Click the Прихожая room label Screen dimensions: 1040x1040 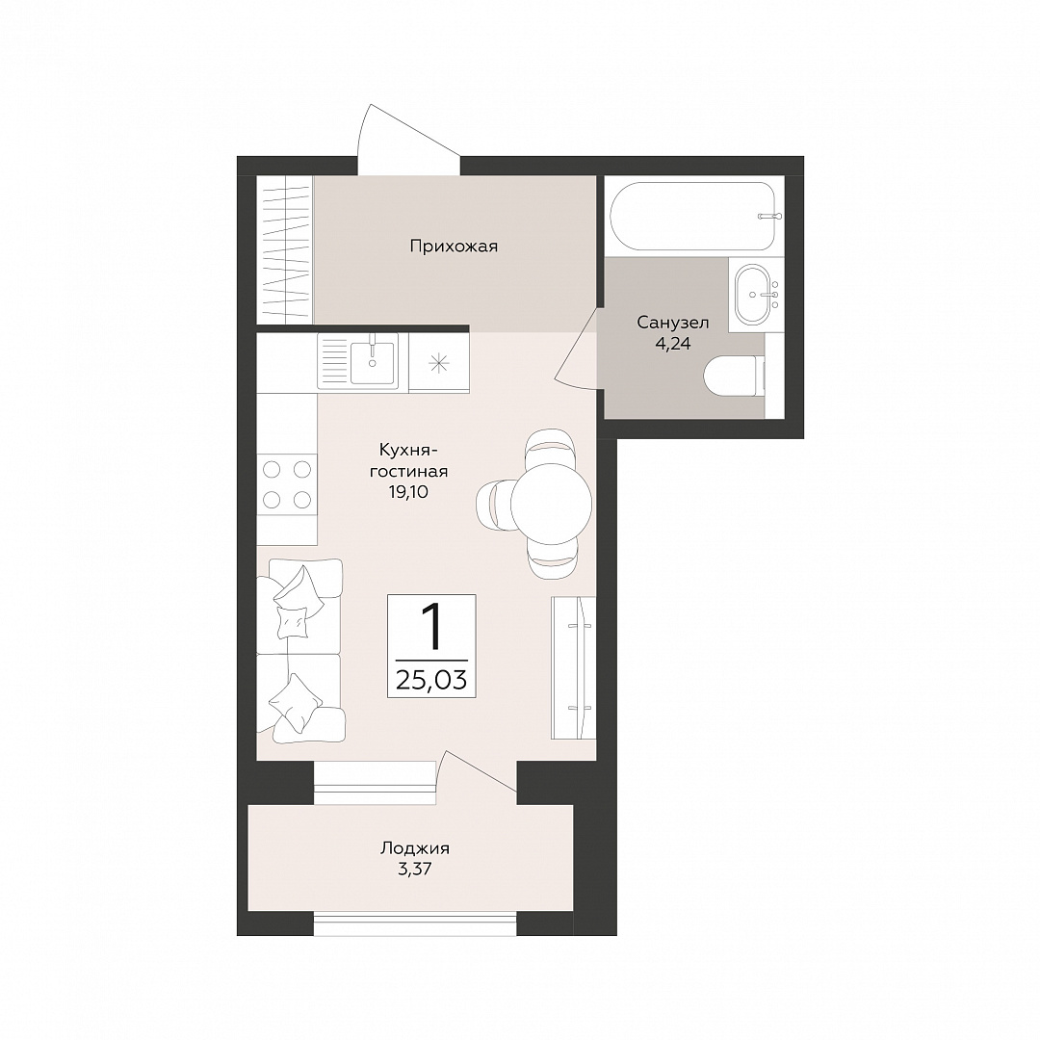pyautogui.click(x=454, y=247)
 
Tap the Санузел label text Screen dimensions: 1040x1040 pyautogui.click(x=672, y=323)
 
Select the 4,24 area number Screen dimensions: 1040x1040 pyautogui.click(x=672, y=344)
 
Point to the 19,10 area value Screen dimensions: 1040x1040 pyautogui.click(x=408, y=492)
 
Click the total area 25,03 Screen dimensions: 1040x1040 pyautogui.click(x=431, y=680)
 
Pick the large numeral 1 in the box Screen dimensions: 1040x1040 pyautogui.click(x=432, y=627)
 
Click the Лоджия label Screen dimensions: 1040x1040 pyautogui.click(x=415, y=848)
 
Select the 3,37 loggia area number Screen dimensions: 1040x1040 pyautogui.click(x=415, y=870)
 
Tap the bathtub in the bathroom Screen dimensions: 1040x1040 pyautogui.click(x=691, y=217)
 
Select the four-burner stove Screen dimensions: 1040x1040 pyautogui.click(x=287, y=484)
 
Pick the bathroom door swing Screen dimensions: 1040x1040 pyautogui.click(x=577, y=348)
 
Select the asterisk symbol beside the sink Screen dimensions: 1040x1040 pyautogui.click(x=439, y=363)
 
